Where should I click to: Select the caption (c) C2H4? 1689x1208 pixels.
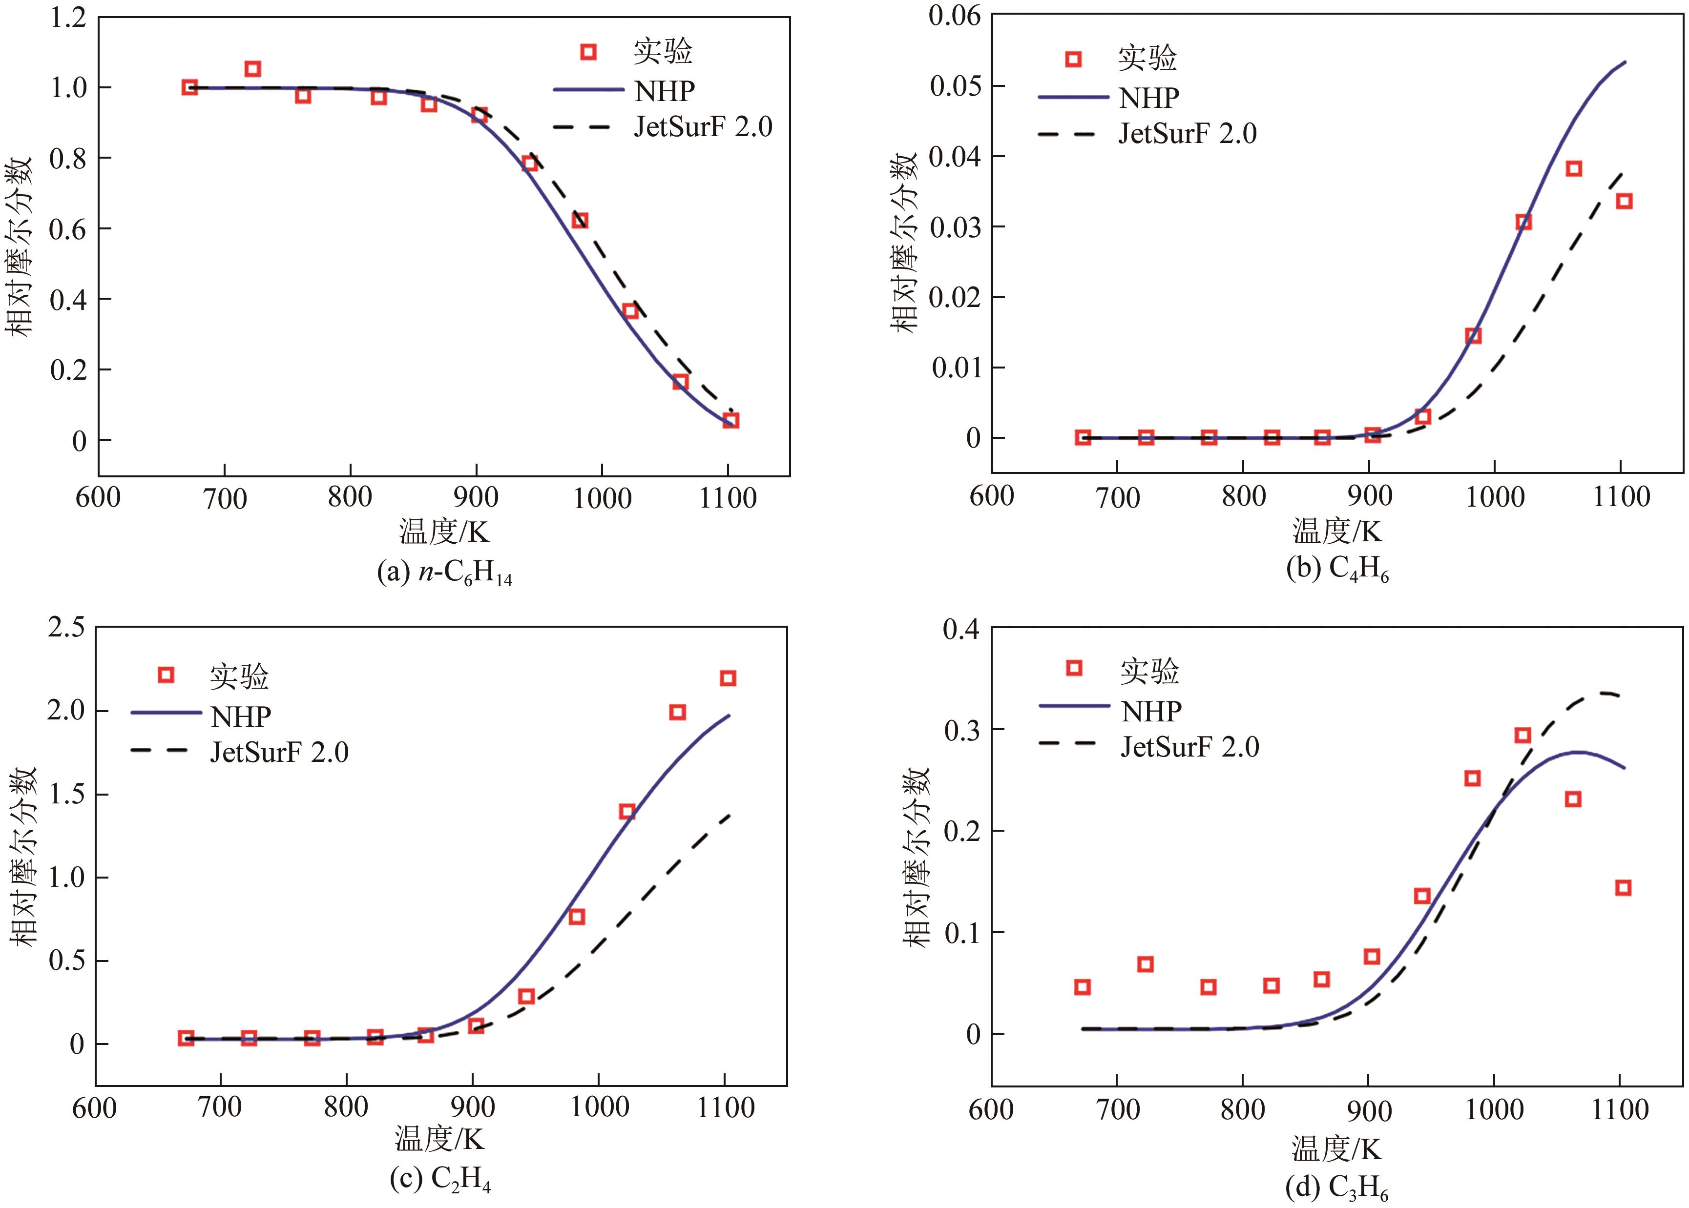click(440, 1178)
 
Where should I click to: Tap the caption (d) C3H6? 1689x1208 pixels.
click(1336, 1188)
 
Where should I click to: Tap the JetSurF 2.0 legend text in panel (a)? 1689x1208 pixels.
click(703, 127)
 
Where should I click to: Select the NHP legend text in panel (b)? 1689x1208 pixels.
click(1149, 98)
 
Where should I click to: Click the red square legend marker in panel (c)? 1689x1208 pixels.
click(167, 675)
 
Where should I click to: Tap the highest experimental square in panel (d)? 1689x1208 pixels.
click(1522, 736)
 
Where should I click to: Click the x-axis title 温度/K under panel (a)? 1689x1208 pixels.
click(444, 532)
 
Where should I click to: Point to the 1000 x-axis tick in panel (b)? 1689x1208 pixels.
click(1495, 497)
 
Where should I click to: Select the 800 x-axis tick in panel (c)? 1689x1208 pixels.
click(346, 1107)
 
